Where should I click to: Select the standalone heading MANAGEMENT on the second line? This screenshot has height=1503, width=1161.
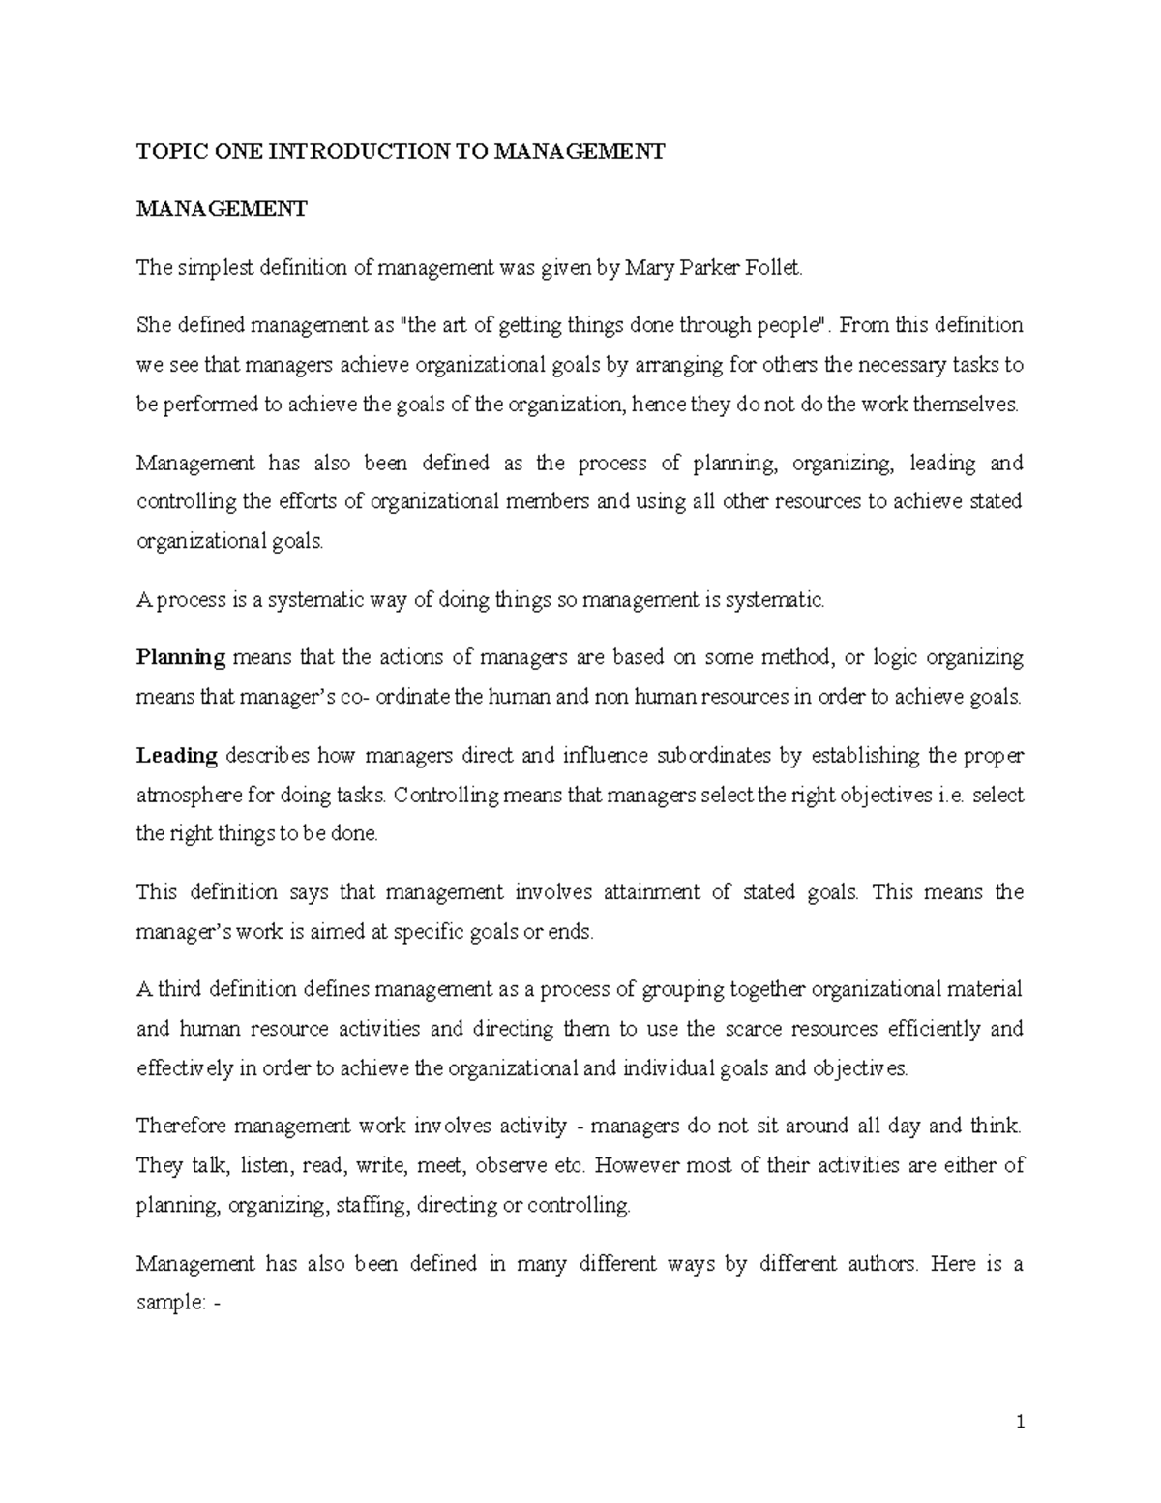(x=222, y=209)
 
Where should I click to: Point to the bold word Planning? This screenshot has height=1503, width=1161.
(x=181, y=658)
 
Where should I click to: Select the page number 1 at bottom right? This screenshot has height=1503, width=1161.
(x=1019, y=1422)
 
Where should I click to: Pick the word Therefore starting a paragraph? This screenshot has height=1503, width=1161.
(x=181, y=1127)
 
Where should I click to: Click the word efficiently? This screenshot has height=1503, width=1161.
(x=927, y=1029)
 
